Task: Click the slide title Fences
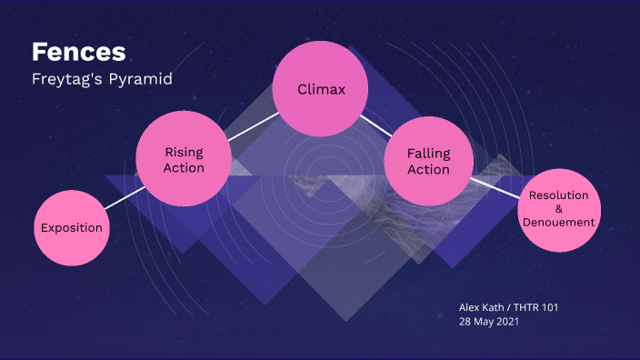(78, 52)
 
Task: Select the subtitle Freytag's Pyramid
(102, 79)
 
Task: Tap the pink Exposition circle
(71, 227)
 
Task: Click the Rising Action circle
(184, 160)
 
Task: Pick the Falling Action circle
(428, 162)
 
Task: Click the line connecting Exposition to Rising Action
(123, 197)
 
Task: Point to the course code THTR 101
(537, 307)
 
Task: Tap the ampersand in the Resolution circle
(558, 208)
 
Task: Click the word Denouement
(558, 221)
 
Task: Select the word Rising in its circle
(184, 152)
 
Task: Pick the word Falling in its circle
(428, 154)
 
